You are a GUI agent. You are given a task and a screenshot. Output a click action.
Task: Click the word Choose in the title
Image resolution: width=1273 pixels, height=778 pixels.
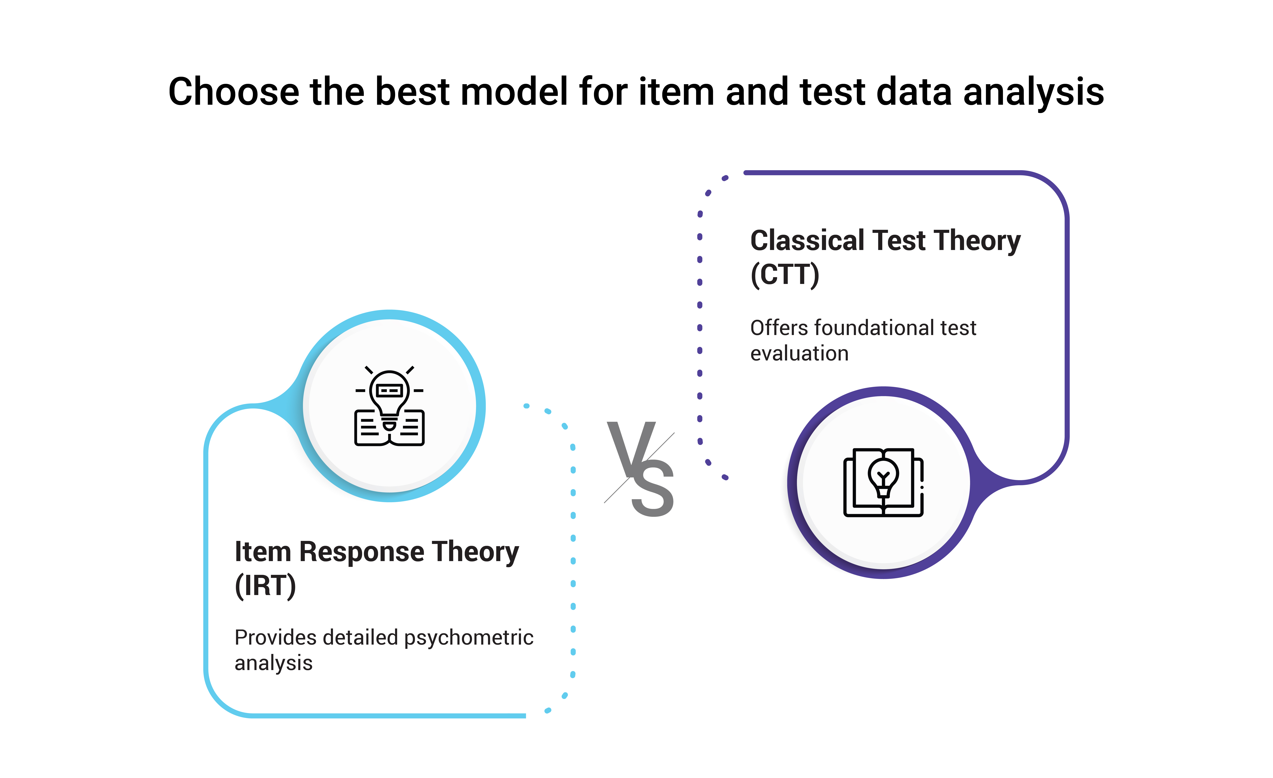pyautogui.click(x=234, y=92)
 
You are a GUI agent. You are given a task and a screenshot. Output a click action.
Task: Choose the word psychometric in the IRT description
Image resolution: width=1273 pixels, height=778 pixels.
pyautogui.click(x=469, y=637)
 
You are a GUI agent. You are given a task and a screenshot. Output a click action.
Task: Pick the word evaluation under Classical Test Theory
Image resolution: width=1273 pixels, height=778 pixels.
pyautogui.click(x=799, y=353)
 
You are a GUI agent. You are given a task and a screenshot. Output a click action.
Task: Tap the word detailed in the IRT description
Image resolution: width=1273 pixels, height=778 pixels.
pyautogui.click(x=361, y=637)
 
